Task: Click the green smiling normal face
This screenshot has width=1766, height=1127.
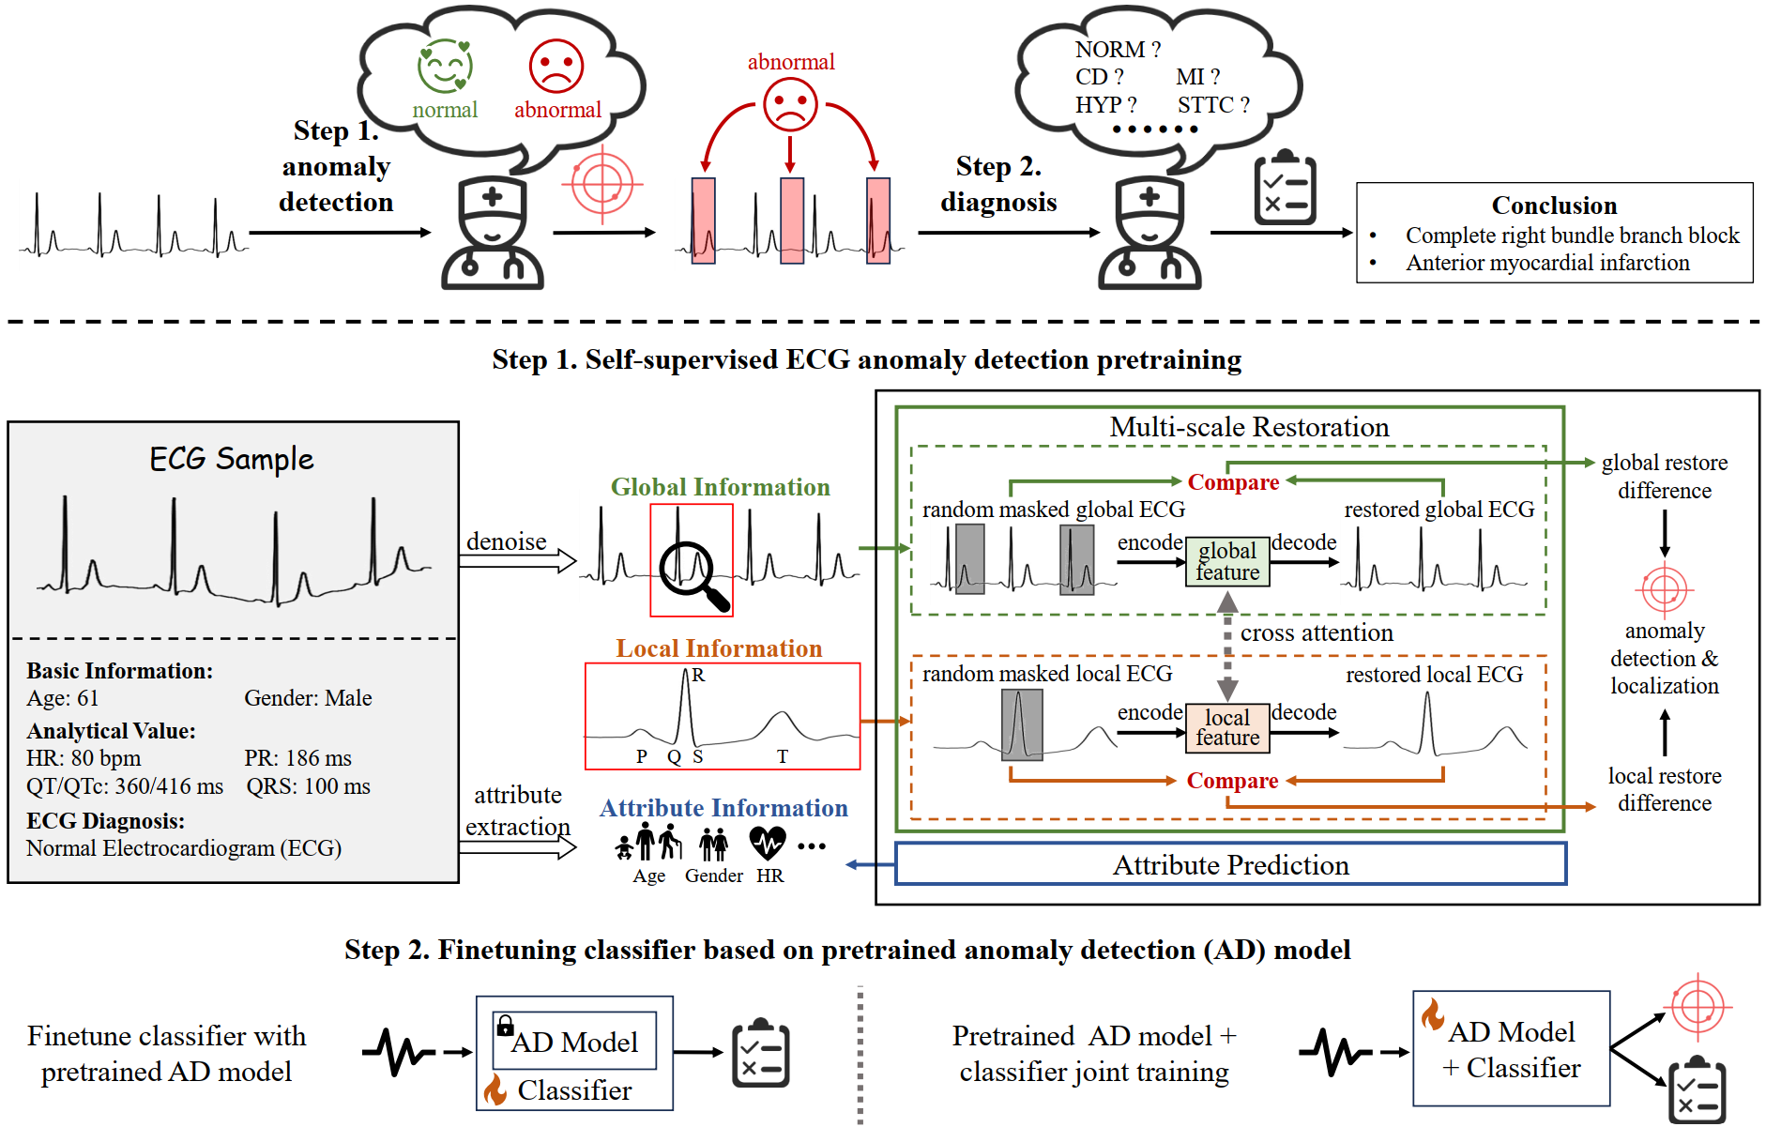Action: tap(445, 66)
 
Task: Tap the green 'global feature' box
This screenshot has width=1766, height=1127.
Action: tap(1227, 561)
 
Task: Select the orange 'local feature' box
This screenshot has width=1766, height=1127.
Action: tap(1227, 728)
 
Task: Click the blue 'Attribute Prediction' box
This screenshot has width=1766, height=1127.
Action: tap(1230, 864)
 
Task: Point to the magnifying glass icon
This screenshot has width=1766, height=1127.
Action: tap(692, 573)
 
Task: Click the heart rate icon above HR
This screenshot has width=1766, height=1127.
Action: tap(768, 843)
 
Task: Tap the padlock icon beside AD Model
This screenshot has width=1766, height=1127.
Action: tap(505, 1024)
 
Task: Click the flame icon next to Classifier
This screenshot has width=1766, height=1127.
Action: tap(495, 1089)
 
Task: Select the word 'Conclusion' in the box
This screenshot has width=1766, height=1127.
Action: tap(1554, 206)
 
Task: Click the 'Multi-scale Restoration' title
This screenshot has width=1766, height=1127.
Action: tap(1249, 427)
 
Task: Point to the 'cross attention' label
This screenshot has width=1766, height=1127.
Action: tap(1317, 633)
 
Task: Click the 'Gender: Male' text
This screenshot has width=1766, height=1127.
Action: tap(308, 698)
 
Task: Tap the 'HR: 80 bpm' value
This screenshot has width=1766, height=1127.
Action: tap(84, 758)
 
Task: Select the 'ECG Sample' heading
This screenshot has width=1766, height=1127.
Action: tap(232, 459)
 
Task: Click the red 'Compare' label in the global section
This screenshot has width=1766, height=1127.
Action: tap(1233, 482)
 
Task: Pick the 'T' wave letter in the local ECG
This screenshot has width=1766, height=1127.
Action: tap(783, 756)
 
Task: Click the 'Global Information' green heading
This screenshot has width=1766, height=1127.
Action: tap(720, 487)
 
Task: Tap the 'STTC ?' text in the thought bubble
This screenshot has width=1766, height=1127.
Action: tap(1213, 105)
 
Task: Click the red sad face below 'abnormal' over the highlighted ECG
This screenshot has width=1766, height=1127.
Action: tap(790, 103)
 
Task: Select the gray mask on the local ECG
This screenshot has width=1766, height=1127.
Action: tap(1022, 724)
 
